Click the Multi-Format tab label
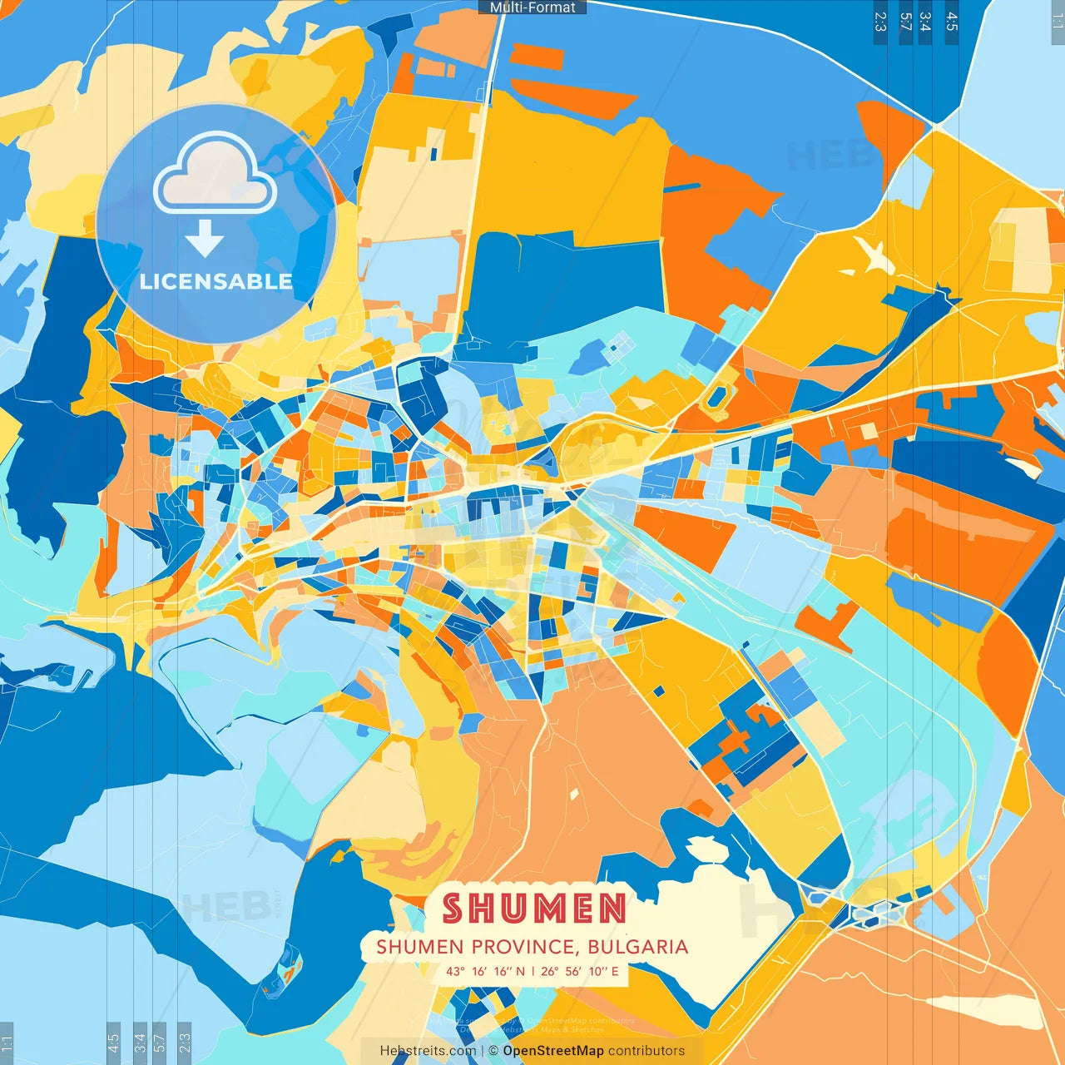coord(532,7)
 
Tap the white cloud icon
coord(215,176)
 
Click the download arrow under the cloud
coord(205,240)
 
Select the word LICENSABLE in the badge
coord(215,281)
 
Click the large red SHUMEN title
coord(533,909)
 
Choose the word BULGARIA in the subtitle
coord(637,947)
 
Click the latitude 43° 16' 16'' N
coord(485,971)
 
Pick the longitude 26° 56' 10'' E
coord(580,971)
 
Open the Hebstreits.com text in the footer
coord(428,1051)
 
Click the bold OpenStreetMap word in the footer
coord(553,1051)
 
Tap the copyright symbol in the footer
coord(493,1051)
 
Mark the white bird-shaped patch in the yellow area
coord(873,257)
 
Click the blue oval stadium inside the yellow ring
coord(714,398)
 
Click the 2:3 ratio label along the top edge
coord(880,22)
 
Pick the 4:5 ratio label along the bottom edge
coord(113,1043)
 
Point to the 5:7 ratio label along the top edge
coord(905,22)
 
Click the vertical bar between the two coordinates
coord(532,971)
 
